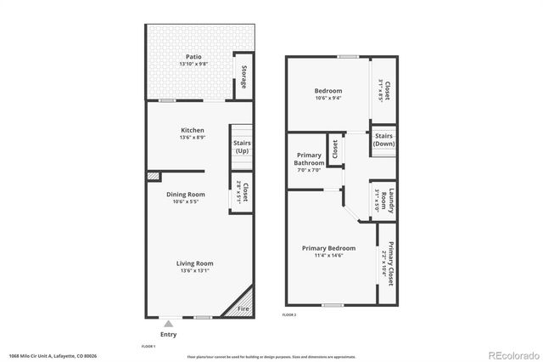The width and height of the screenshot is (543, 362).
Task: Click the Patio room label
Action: coord(193,58)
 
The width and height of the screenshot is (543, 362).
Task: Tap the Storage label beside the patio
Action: coord(244,77)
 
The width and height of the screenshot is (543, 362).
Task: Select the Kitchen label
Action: coord(193,130)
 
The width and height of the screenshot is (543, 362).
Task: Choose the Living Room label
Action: coord(194,263)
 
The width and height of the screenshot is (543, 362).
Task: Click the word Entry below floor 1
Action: coord(169,334)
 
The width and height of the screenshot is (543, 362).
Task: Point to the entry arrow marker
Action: coord(169,323)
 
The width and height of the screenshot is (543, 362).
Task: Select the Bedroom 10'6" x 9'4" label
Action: coord(328,91)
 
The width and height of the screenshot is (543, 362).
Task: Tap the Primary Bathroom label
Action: coord(309,159)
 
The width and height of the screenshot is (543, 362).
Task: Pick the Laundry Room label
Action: coord(392,201)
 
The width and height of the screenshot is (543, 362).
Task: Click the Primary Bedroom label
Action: coord(328,248)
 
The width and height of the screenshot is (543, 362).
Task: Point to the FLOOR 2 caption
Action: coord(289,314)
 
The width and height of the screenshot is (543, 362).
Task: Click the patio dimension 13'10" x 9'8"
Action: coord(193,65)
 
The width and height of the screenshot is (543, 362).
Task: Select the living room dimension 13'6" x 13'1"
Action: coord(194,271)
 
